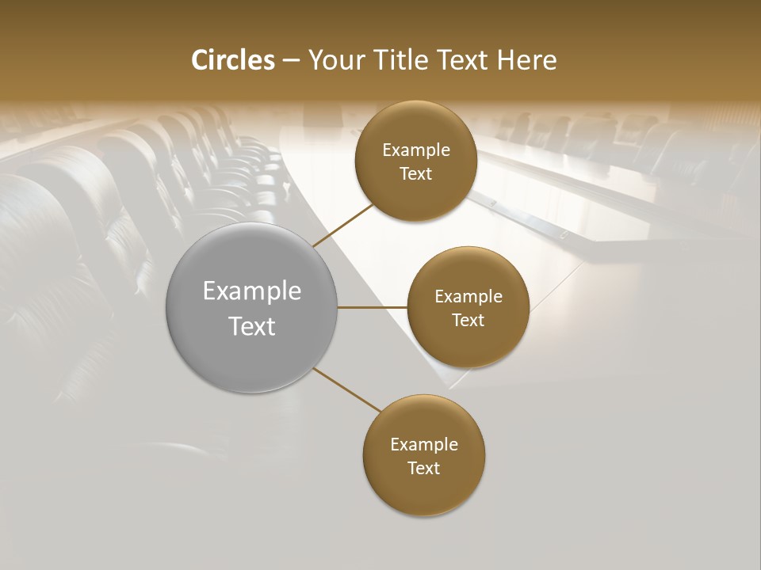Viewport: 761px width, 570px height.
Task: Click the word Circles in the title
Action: pos(233,60)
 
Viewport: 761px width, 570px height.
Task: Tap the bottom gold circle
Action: pos(424,491)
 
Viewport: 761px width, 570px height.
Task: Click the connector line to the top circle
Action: pos(343,225)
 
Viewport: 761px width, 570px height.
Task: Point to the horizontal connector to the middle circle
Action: pos(373,307)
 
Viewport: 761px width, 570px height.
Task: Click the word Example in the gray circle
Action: pos(252,291)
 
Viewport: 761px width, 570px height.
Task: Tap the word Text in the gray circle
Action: pos(252,326)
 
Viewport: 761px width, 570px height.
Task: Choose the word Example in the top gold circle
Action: pos(416,150)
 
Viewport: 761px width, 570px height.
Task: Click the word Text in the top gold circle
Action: pos(416,173)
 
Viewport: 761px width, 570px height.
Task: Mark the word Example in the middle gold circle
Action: pos(468,297)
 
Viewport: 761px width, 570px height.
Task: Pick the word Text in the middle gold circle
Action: pos(468,320)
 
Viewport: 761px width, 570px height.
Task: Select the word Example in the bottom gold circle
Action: pos(424,445)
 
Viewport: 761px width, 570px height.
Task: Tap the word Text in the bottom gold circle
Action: pos(424,468)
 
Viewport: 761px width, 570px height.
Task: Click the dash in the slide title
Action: pos(291,61)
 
